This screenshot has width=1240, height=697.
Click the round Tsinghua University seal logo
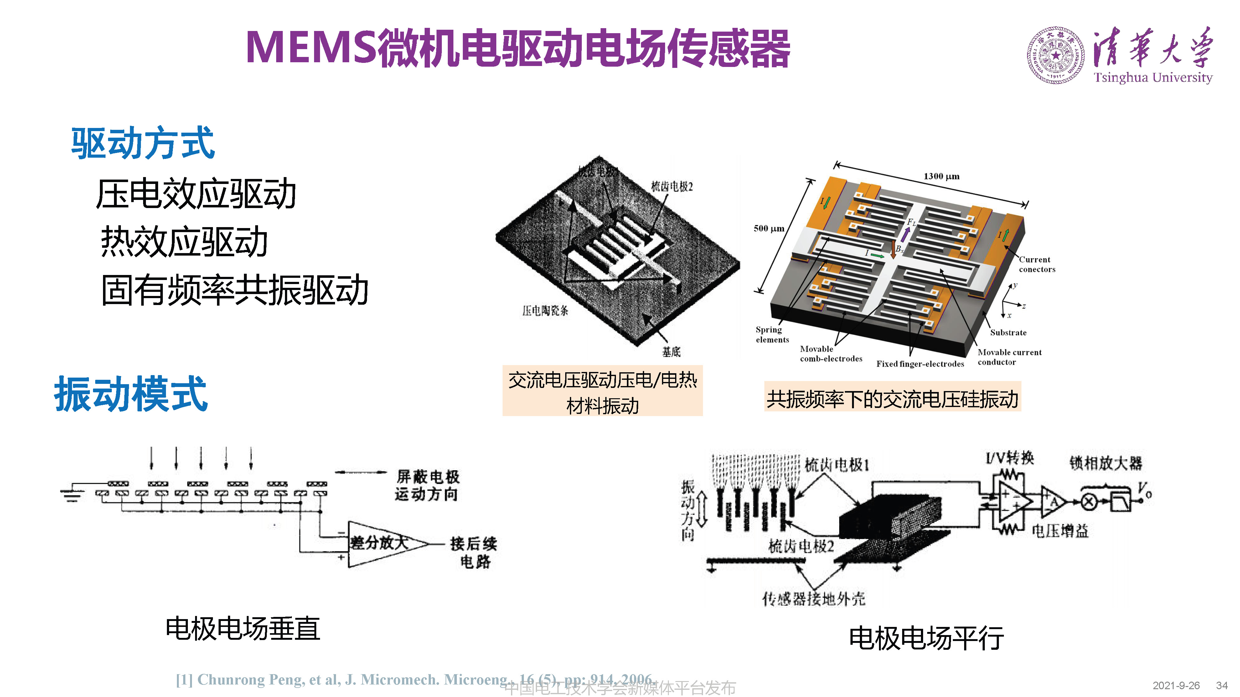1055,55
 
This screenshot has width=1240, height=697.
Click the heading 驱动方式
142,143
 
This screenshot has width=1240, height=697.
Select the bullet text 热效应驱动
184,242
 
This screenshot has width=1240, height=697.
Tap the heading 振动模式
131,394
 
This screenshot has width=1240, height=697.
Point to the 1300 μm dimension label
941,176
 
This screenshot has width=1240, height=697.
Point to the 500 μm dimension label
769,228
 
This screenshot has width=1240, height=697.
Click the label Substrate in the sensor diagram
1008,332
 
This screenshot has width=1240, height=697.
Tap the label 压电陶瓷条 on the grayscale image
545,311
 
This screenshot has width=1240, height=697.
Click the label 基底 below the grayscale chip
671,352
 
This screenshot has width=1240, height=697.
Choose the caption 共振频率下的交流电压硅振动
892,399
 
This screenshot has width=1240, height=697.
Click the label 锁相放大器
1105,463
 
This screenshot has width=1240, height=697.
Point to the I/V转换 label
1010,457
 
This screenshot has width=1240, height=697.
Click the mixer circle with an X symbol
1089,502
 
